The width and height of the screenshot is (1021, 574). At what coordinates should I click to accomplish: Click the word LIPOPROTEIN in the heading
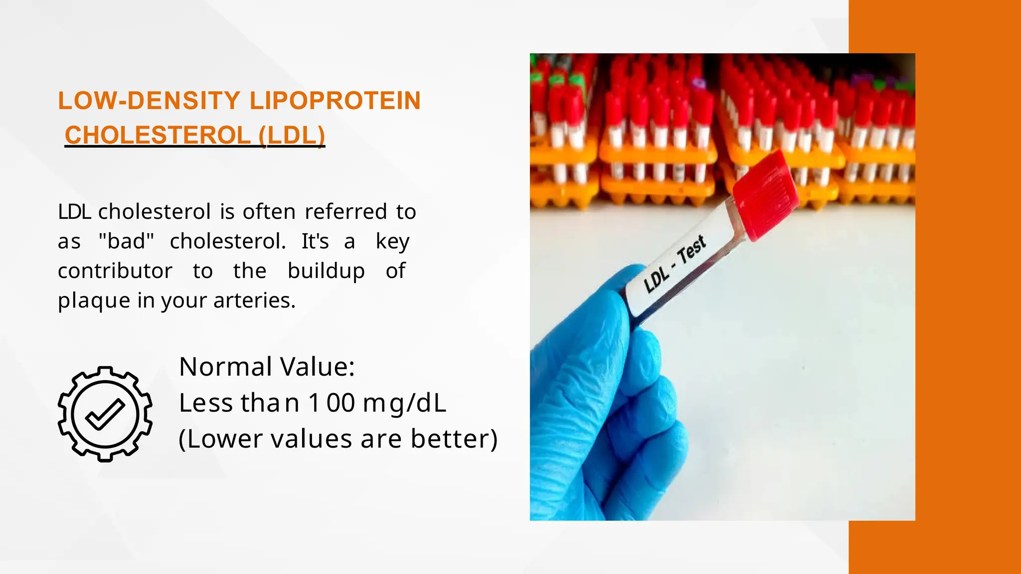(x=335, y=101)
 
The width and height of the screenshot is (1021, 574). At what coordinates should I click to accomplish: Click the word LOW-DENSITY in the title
(x=149, y=101)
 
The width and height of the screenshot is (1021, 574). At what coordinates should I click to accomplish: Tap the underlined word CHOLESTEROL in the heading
(x=158, y=135)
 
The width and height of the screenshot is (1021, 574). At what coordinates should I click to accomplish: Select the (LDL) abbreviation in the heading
(x=292, y=135)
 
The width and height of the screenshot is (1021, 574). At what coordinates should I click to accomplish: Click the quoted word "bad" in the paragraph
(x=126, y=241)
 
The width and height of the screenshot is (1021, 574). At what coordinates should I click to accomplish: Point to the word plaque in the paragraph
(x=94, y=300)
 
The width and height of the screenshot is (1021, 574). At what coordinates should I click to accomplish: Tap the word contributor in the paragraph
(x=115, y=271)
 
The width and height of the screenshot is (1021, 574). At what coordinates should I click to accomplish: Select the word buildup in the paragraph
(x=326, y=271)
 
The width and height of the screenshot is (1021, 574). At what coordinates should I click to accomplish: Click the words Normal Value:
(x=267, y=367)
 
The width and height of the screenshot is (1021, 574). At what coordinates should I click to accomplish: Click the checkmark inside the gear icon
(x=105, y=414)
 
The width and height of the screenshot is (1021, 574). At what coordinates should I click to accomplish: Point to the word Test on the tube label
(x=691, y=249)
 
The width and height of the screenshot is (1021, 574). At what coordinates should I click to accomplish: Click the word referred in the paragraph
(x=346, y=212)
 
